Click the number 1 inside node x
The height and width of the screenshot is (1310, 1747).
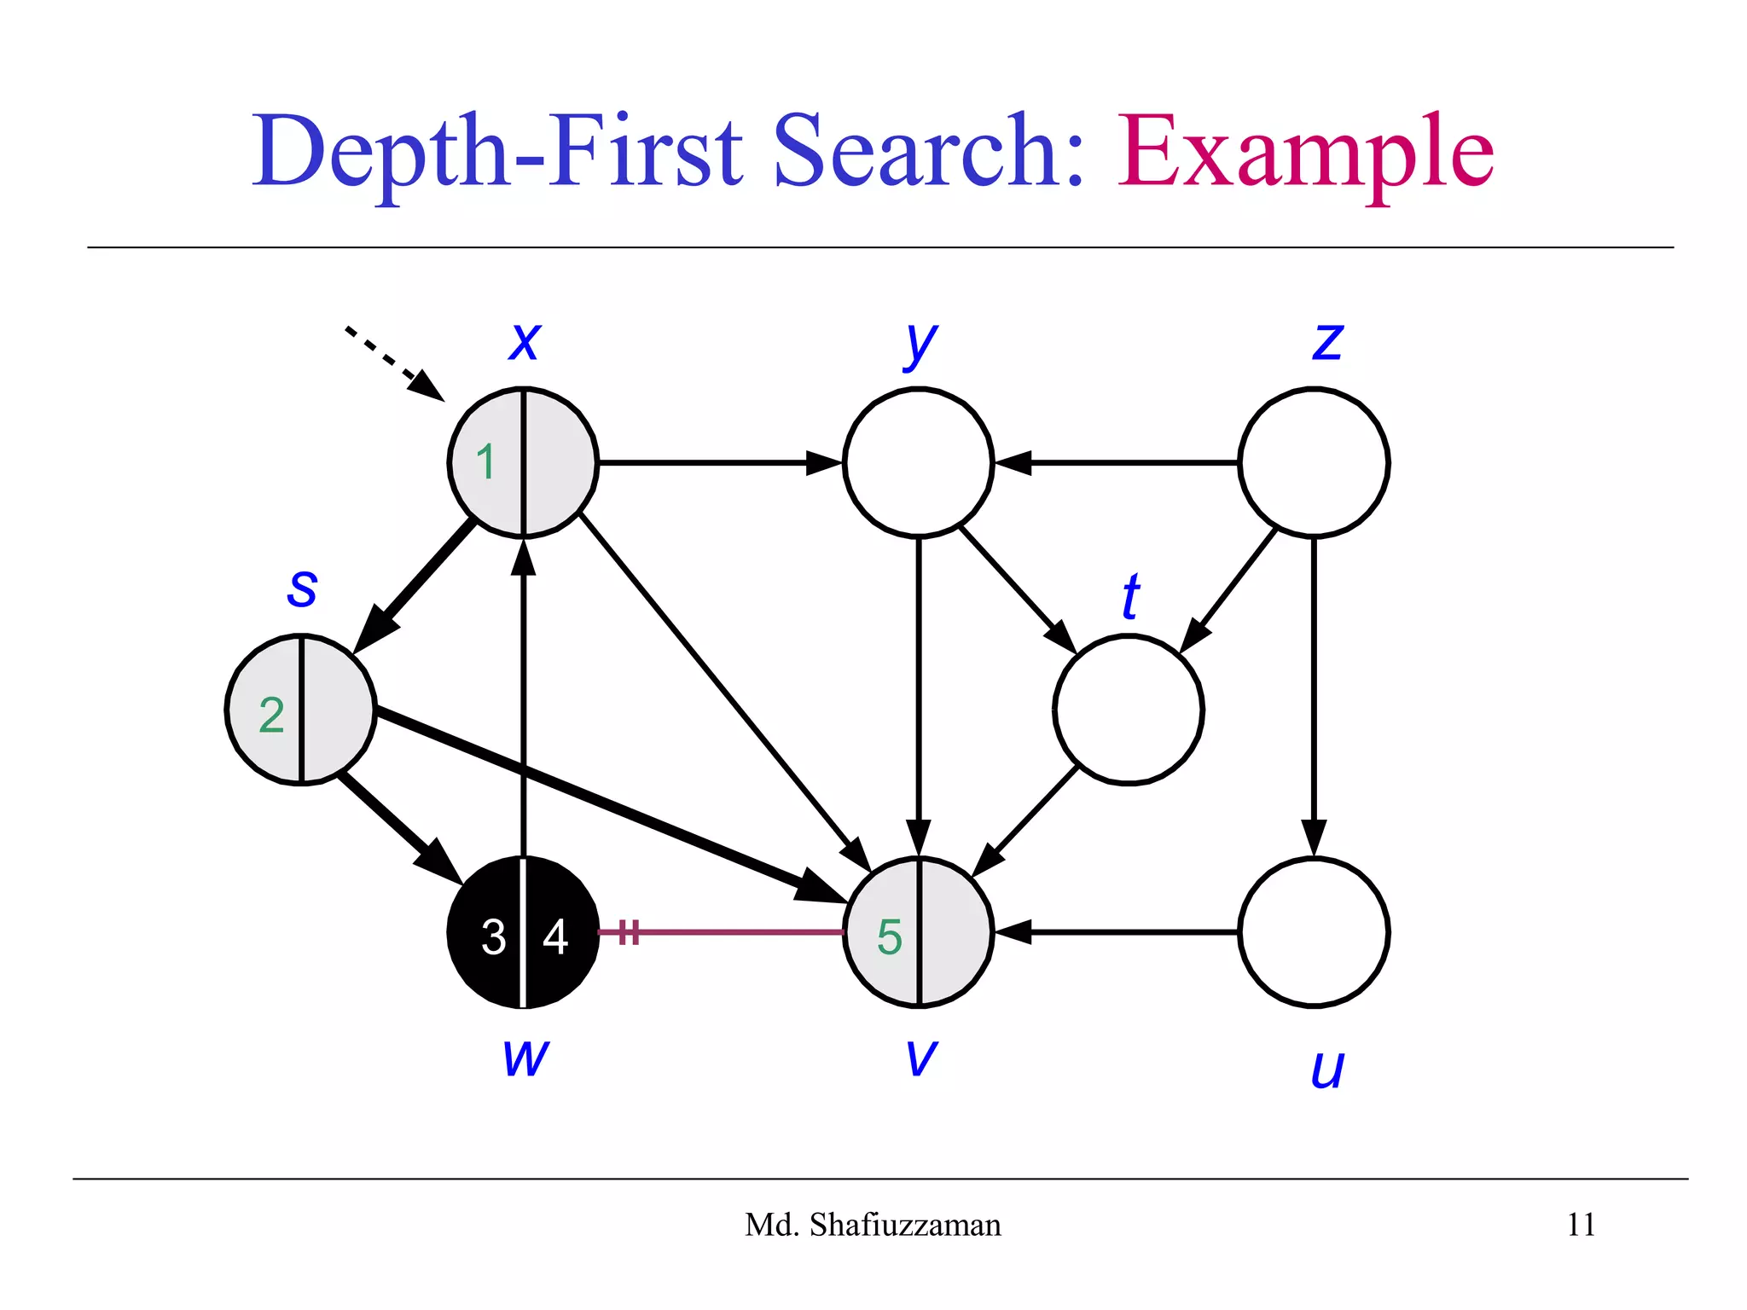pos(485,462)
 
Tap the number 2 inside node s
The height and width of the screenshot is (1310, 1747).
pos(271,715)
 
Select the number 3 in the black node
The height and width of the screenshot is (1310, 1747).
pos(493,936)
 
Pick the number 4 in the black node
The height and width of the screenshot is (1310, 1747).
pos(555,936)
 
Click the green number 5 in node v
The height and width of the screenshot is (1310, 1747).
pos(889,936)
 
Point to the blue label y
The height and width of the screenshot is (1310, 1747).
pos(920,344)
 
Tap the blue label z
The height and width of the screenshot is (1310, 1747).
pos(1327,341)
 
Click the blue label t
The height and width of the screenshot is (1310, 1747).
pos(1130,596)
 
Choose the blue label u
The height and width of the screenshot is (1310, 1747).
pos(1327,1068)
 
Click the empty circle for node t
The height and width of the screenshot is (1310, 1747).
pos(1128,709)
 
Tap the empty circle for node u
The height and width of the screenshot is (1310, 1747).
pos(1313,932)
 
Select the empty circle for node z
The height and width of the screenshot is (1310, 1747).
pos(1313,462)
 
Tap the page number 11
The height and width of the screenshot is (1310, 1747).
pos(1581,1225)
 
